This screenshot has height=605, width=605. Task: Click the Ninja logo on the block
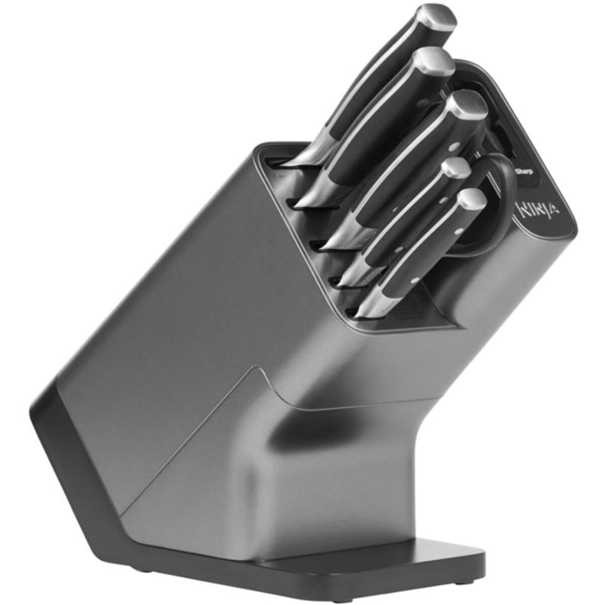pyautogui.click(x=538, y=210)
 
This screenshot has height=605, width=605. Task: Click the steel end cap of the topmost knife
pyautogui.click(x=436, y=18)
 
